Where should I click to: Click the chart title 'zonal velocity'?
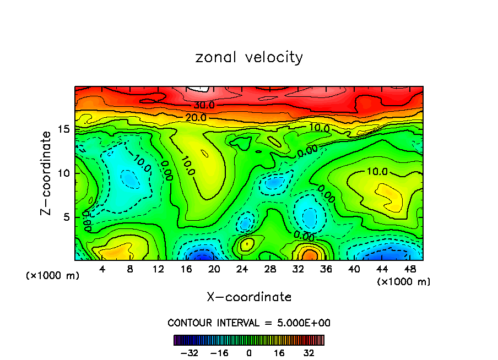249,57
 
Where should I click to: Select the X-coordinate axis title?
249,297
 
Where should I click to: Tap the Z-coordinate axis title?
48,173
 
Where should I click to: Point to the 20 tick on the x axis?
214,269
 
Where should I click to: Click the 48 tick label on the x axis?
410,269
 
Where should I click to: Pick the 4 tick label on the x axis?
102,269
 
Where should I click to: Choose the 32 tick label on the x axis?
298,269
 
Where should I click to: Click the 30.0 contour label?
204,105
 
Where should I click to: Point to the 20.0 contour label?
196,117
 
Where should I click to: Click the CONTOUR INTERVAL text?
249,323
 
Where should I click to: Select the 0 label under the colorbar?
249,352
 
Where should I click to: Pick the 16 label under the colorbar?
279,352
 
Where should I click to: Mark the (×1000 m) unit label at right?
404,282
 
